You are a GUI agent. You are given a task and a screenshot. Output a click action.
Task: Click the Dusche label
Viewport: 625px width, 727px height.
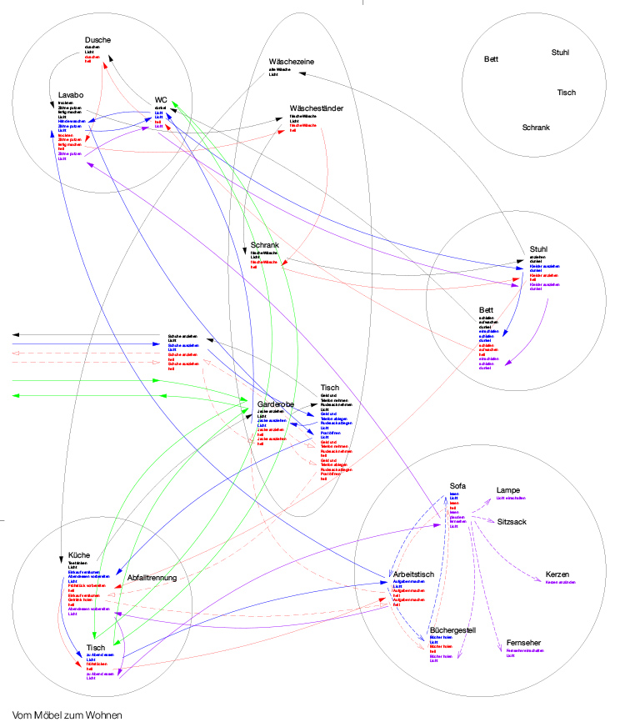click(97, 40)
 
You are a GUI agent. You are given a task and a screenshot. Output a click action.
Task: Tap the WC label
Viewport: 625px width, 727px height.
click(161, 100)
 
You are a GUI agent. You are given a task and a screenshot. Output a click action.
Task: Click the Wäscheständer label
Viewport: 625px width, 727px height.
click(317, 108)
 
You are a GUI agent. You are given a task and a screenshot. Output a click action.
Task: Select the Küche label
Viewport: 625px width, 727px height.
click(79, 554)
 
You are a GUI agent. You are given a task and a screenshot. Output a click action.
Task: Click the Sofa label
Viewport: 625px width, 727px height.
click(458, 485)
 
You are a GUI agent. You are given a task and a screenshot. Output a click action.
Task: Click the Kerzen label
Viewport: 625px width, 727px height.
click(558, 575)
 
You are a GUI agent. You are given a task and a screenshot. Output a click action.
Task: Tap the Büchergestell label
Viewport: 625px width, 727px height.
click(452, 629)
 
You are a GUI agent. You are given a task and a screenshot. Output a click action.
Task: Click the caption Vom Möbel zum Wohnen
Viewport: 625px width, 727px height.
click(67, 714)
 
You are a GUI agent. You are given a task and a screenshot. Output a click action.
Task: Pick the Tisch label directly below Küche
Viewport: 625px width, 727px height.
click(96, 647)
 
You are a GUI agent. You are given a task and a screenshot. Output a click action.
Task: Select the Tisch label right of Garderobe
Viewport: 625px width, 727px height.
click(330, 388)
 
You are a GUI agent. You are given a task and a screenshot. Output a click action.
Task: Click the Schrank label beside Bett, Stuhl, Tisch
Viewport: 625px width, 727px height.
click(536, 127)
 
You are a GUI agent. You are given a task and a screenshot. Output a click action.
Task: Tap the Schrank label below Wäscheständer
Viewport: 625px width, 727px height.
click(264, 245)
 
